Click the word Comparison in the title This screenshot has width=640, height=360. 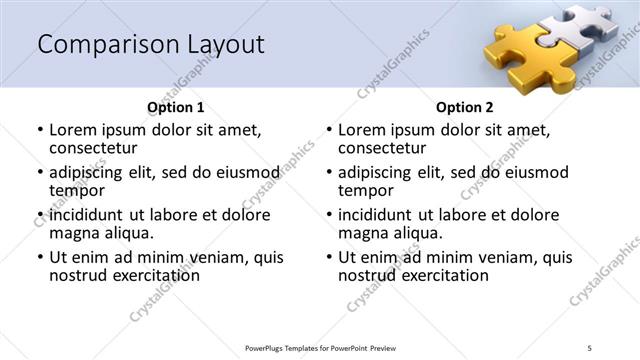click(101, 45)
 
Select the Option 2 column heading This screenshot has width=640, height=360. click(464, 107)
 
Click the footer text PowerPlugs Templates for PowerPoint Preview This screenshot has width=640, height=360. click(320, 347)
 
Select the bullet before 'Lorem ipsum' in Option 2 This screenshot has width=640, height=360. click(328, 130)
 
